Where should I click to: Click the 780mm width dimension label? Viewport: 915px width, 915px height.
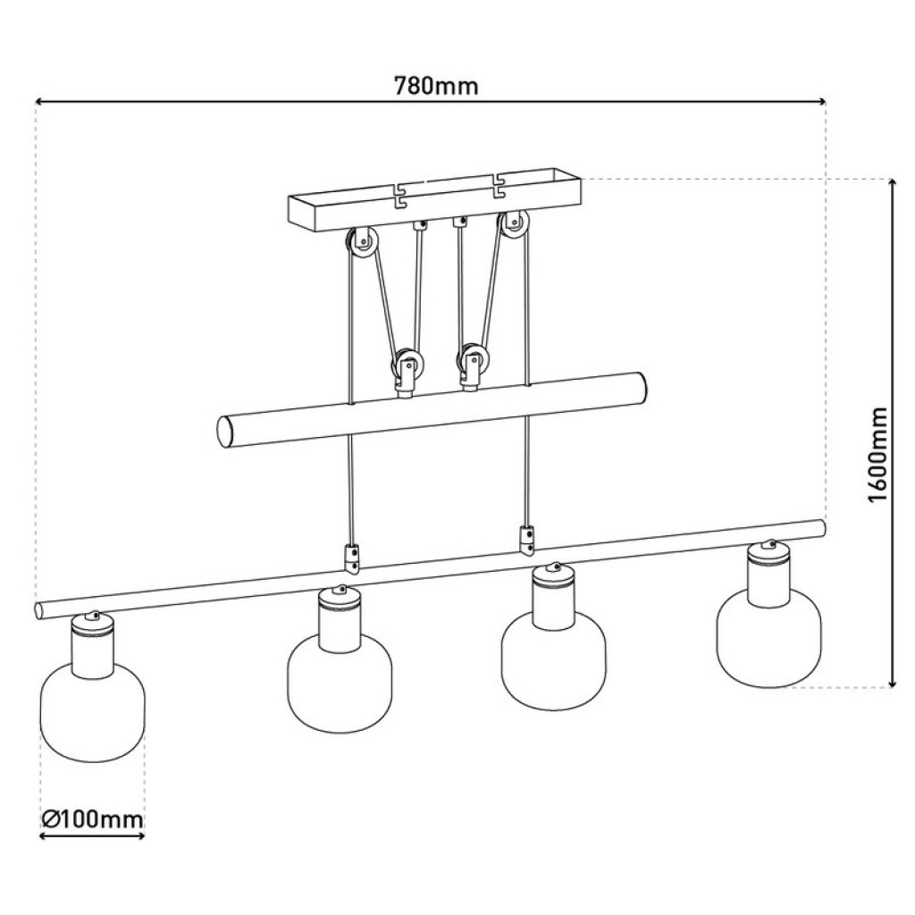[436, 87]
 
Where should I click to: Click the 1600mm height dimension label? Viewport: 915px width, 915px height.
[877, 455]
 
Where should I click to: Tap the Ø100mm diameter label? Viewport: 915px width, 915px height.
[92, 819]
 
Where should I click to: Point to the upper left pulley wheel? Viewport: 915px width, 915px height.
[363, 243]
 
